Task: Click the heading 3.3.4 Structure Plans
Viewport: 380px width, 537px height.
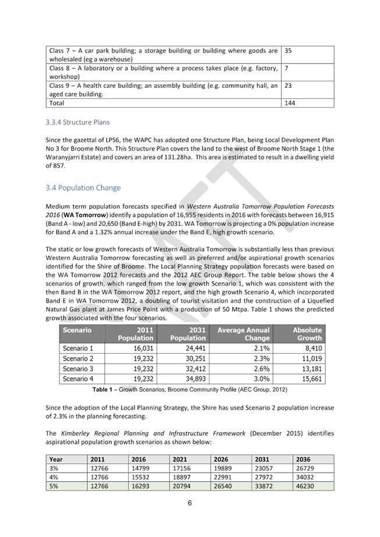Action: (77, 122)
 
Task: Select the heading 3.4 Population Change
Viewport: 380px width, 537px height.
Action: (83, 188)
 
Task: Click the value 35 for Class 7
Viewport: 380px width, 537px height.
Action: (288, 51)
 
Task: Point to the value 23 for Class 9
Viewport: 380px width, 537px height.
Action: (288, 86)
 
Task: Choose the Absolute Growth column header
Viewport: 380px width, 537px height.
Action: (307, 334)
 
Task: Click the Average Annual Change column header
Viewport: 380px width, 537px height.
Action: (243, 334)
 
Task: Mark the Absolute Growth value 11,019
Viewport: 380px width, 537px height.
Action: (309, 358)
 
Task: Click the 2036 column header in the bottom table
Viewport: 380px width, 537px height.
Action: (303, 459)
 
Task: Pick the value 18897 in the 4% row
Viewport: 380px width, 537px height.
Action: (182, 477)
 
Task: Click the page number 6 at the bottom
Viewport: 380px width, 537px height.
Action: (190, 503)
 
